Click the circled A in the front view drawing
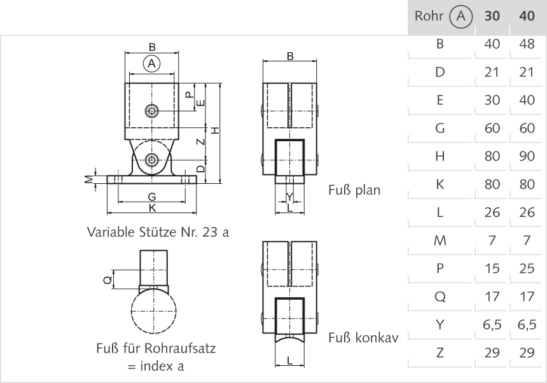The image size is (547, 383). pos(151,64)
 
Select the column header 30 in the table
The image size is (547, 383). pos(492,16)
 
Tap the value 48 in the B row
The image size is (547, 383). pos(527,44)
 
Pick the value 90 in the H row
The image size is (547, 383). pos(527,157)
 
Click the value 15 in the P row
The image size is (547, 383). pos(492,269)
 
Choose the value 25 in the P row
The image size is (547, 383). pos(527,269)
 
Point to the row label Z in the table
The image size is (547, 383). pos(440,353)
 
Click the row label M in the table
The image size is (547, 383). pos(440,241)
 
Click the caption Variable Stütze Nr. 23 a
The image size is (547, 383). pos(158,232)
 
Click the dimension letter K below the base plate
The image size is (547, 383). pos(151,207)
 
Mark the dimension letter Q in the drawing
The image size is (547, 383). pos(107,279)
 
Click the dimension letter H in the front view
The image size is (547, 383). pos(216,130)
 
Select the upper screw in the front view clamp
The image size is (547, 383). pos(151,111)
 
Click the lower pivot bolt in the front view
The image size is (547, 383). pos(151,160)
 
